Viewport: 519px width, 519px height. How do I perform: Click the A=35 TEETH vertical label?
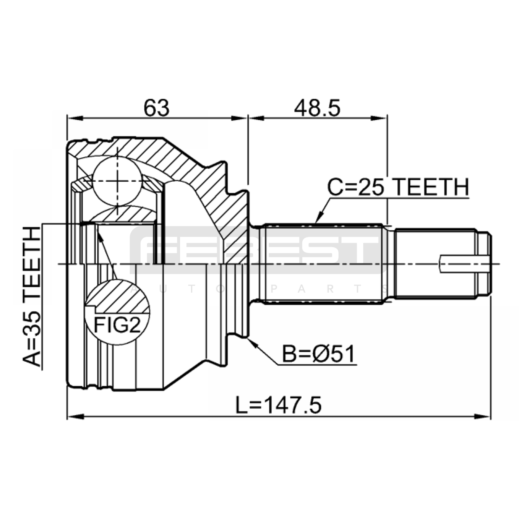tap(32, 296)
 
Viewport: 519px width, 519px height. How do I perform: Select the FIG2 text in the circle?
tap(118, 325)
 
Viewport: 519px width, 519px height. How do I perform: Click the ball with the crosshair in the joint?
tap(117, 181)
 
